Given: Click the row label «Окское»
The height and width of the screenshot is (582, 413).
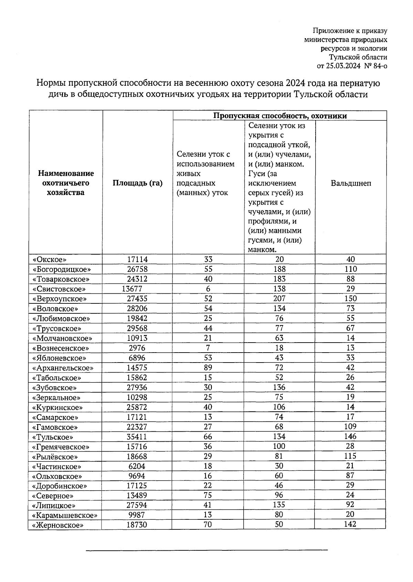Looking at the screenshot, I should click(49, 260).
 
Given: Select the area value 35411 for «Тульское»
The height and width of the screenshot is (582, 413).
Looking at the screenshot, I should click(137, 437).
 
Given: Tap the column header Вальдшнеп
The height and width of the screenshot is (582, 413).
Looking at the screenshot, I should click(351, 183).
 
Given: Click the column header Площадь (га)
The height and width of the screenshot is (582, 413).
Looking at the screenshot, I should click(137, 183).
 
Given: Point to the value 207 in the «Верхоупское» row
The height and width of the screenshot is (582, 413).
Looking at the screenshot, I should click(279, 299).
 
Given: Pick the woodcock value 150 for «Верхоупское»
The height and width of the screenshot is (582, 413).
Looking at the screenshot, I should click(351, 299).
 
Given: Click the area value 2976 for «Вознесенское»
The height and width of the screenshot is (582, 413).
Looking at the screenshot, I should click(137, 348).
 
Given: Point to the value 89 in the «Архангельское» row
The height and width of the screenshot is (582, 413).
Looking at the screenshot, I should click(208, 368).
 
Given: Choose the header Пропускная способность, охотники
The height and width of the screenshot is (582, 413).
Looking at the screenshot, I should click(279, 116).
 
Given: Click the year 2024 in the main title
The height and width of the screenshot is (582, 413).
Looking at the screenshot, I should click(294, 83).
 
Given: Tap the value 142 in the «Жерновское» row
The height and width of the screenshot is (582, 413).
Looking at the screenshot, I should click(350, 525).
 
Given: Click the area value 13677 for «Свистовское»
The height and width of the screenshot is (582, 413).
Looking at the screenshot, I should click(132, 289).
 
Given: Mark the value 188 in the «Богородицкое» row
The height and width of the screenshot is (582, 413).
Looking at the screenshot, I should click(279, 269).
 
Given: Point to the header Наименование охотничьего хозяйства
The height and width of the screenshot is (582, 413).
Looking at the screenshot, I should click(66, 183).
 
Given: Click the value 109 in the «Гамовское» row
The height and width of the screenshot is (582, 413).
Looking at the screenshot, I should click(350, 427).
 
